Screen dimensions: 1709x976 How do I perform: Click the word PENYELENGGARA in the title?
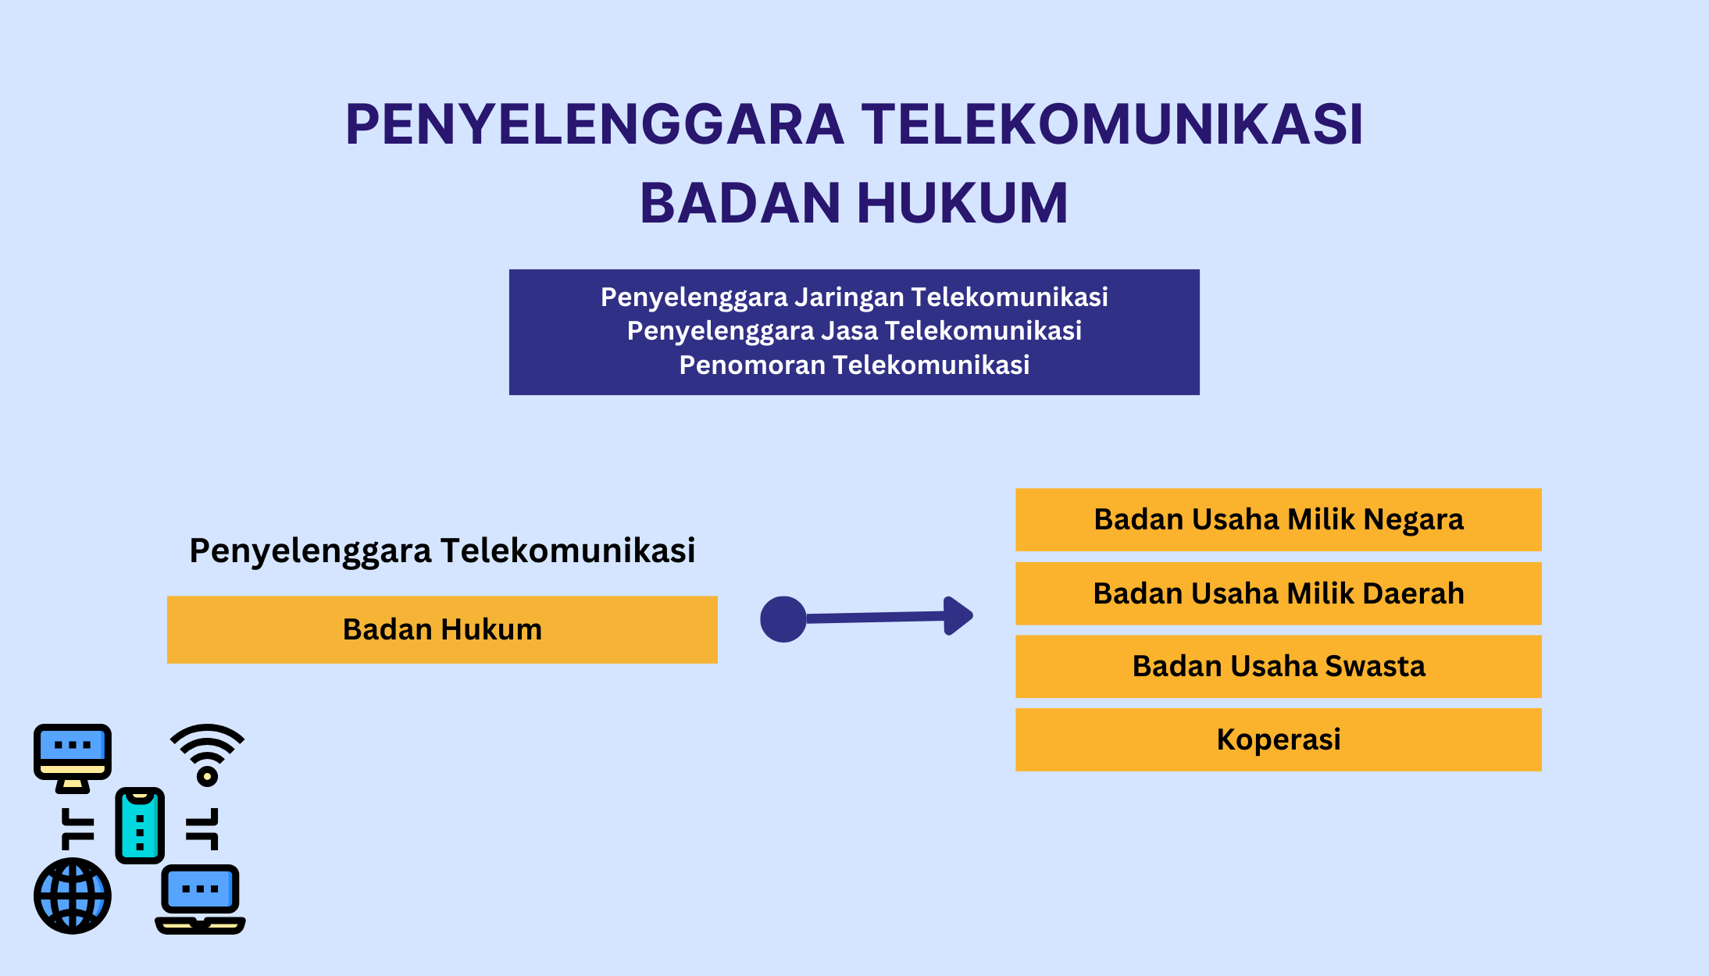(x=595, y=124)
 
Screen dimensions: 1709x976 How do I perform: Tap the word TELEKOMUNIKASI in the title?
(x=1112, y=124)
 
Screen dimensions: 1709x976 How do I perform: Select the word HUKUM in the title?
(x=962, y=203)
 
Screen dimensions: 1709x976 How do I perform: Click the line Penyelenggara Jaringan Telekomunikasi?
(x=854, y=297)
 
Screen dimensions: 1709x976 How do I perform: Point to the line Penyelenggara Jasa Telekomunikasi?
(x=854, y=331)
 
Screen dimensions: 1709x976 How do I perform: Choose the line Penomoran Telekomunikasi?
(x=854, y=365)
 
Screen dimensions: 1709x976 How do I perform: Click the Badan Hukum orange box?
(x=442, y=629)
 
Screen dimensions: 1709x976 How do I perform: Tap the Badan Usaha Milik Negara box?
(x=1279, y=520)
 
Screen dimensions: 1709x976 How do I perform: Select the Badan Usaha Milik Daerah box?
(x=1279, y=593)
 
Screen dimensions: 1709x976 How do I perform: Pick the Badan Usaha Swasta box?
(x=1279, y=666)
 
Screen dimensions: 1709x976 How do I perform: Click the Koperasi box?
(x=1279, y=739)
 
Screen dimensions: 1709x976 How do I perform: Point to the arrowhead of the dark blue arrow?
(x=958, y=616)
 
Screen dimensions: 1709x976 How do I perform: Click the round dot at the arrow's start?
(x=783, y=619)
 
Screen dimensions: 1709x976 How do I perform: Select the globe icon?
(x=73, y=896)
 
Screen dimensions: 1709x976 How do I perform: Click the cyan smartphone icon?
(x=140, y=825)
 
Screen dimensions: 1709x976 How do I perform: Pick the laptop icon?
(x=201, y=899)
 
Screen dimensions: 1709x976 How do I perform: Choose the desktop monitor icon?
(x=73, y=758)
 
